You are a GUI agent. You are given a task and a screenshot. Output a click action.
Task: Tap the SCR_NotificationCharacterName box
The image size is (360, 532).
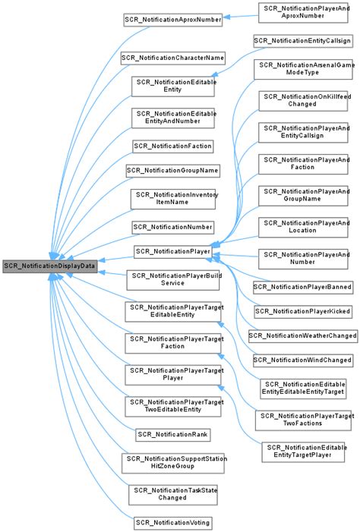click(172, 58)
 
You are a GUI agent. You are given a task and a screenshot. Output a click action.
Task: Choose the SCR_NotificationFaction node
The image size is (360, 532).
click(172, 144)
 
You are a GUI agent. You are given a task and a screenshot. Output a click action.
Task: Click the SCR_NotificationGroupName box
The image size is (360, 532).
click(172, 170)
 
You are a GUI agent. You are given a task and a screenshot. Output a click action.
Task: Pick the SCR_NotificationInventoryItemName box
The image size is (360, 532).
click(172, 199)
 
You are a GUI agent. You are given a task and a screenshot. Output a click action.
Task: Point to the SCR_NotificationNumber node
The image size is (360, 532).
click(172, 227)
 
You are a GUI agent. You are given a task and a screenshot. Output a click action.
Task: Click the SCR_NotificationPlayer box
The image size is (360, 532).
click(172, 250)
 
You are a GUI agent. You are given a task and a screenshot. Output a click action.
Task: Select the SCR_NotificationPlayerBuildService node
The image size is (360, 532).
click(172, 279)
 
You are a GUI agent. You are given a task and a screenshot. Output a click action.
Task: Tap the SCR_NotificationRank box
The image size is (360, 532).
click(172, 434)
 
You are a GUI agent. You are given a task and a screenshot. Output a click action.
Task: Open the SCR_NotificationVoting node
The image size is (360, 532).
click(172, 523)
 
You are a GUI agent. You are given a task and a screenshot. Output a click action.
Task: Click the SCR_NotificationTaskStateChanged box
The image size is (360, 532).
click(172, 494)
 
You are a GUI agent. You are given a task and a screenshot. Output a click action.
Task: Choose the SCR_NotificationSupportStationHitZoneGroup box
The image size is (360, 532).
click(172, 463)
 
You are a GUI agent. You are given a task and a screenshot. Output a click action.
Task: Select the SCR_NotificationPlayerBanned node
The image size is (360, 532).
click(303, 288)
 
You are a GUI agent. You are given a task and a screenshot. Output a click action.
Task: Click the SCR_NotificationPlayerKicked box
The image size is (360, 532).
click(303, 311)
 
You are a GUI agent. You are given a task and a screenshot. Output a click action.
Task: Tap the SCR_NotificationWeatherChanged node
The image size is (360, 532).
click(303, 335)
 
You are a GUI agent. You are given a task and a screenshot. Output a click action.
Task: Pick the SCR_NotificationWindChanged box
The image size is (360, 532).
click(303, 359)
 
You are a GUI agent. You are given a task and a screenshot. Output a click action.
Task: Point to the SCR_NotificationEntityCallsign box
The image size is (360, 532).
click(303, 39)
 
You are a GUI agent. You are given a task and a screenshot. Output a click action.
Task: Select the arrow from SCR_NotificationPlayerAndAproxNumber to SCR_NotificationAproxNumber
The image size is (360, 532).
click(240, 15)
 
